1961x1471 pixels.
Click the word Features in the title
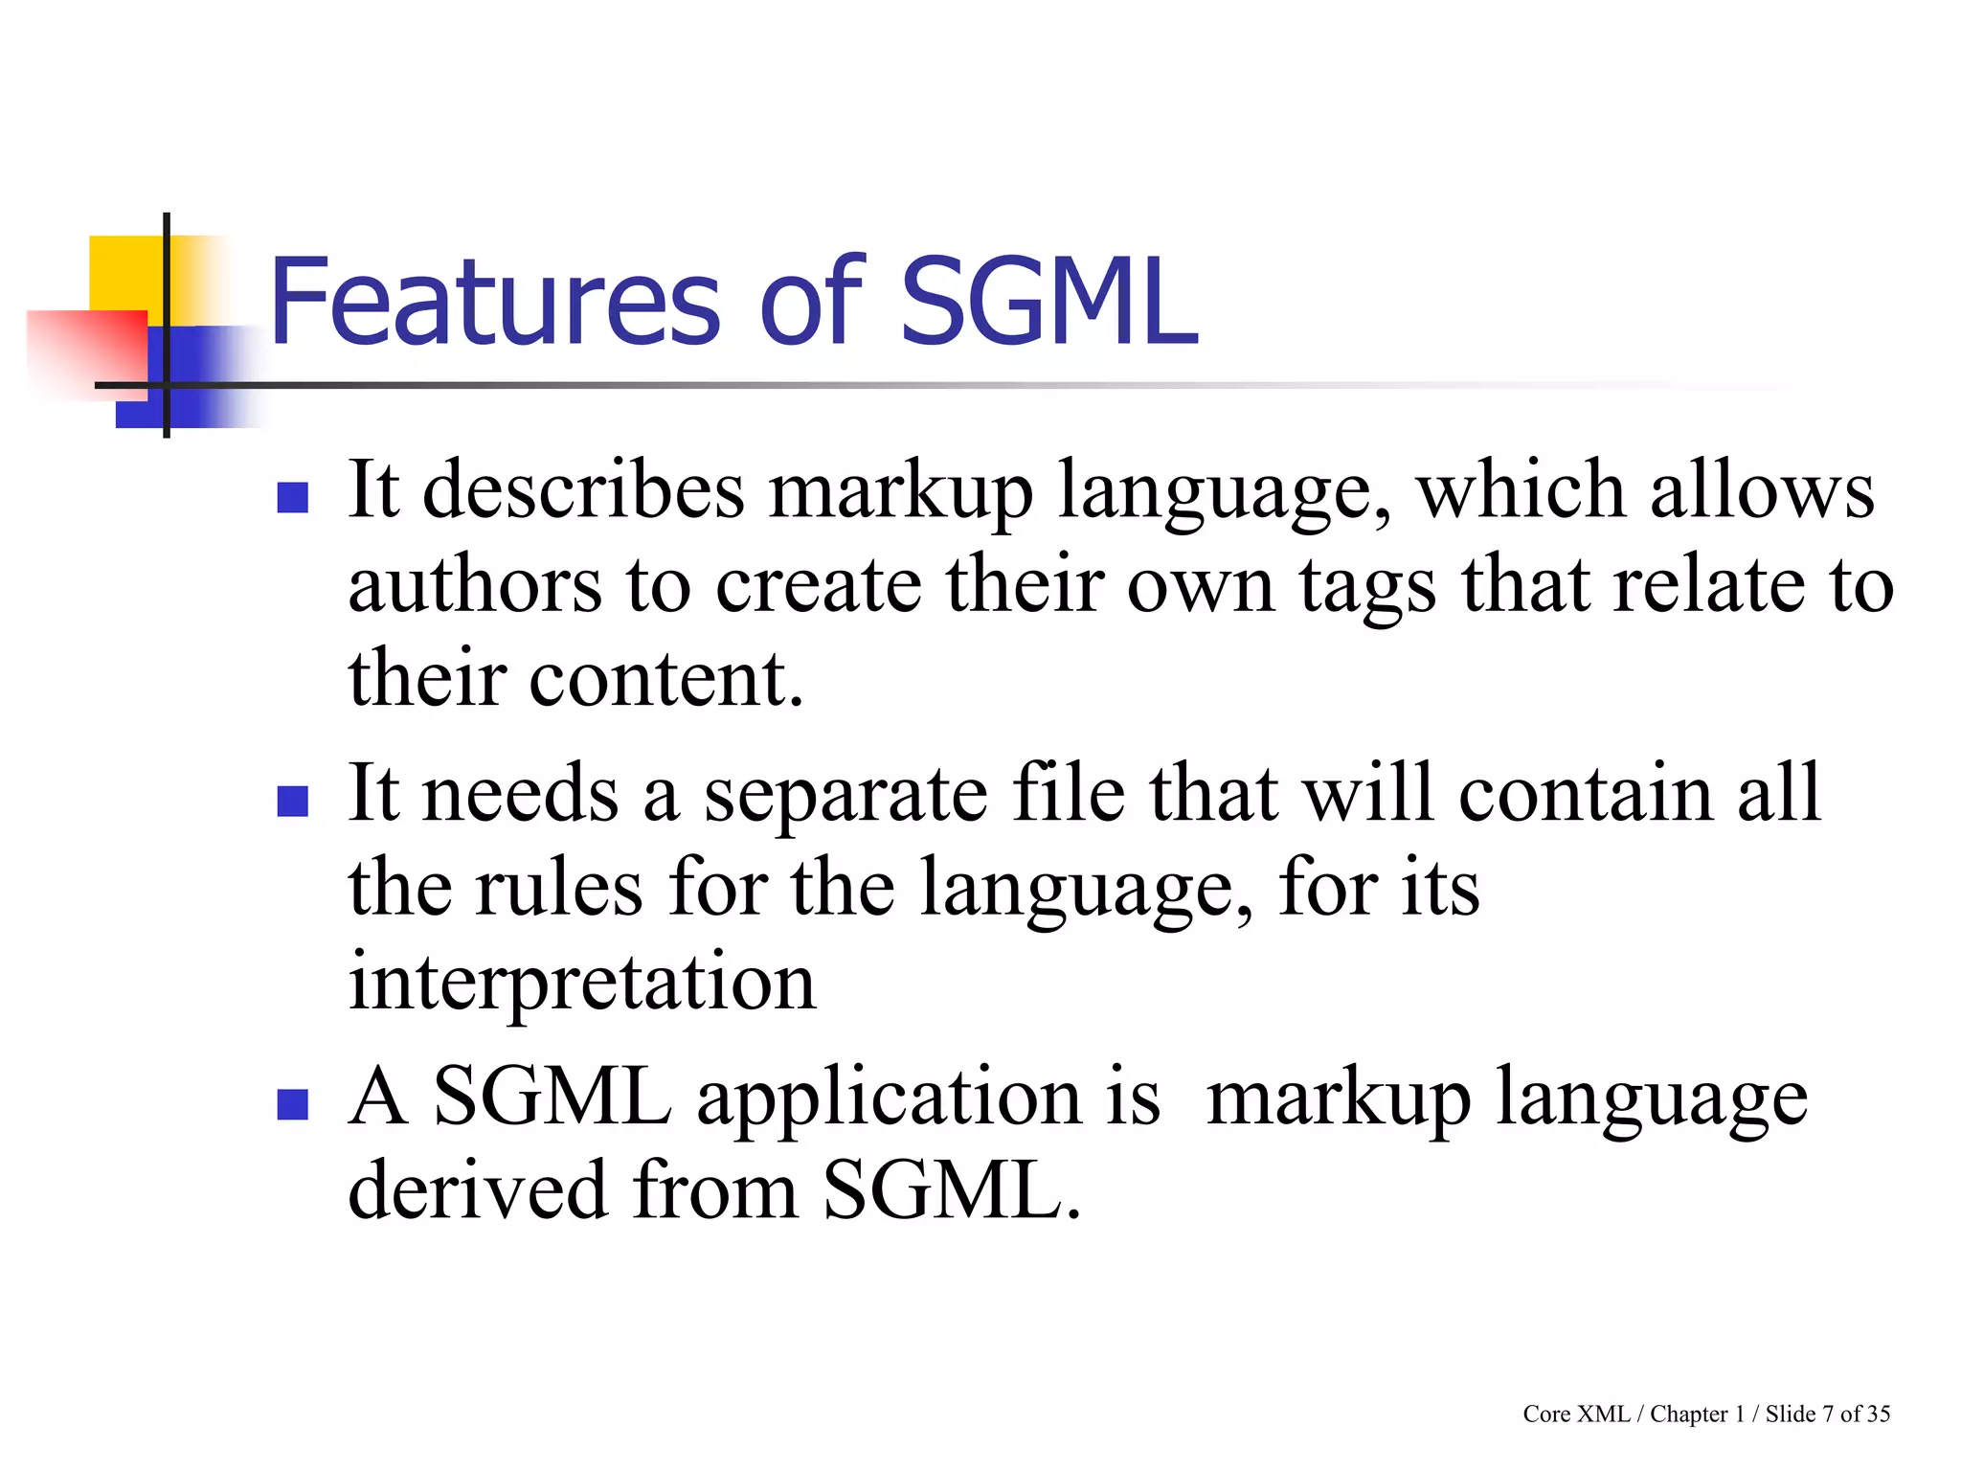pyautogui.click(x=494, y=302)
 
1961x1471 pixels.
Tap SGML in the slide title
pyautogui.click(x=1048, y=302)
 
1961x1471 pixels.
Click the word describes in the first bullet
pyautogui.click(x=583, y=490)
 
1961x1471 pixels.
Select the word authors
pyautogui.click(x=475, y=585)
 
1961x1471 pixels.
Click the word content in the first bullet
pyautogui.click(x=666, y=679)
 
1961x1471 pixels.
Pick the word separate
pyautogui.click(x=846, y=795)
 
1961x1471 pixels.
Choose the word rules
pyautogui.click(x=560, y=888)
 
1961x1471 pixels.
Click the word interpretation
pyautogui.click(x=582, y=983)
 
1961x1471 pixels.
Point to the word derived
pyautogui.click(x=478, y=1190)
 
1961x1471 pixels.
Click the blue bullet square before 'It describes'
pyautogui.click(x=292, y=498)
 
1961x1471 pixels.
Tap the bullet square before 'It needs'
pyautogui.click(x=292, y=801)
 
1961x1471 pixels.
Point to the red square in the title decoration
pyautogui.click(x=86, y=345)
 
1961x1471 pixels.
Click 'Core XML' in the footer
pyautogui.click(x=1576, y=1414)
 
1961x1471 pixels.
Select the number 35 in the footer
pyautogui.click(x=1878, y=1414)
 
